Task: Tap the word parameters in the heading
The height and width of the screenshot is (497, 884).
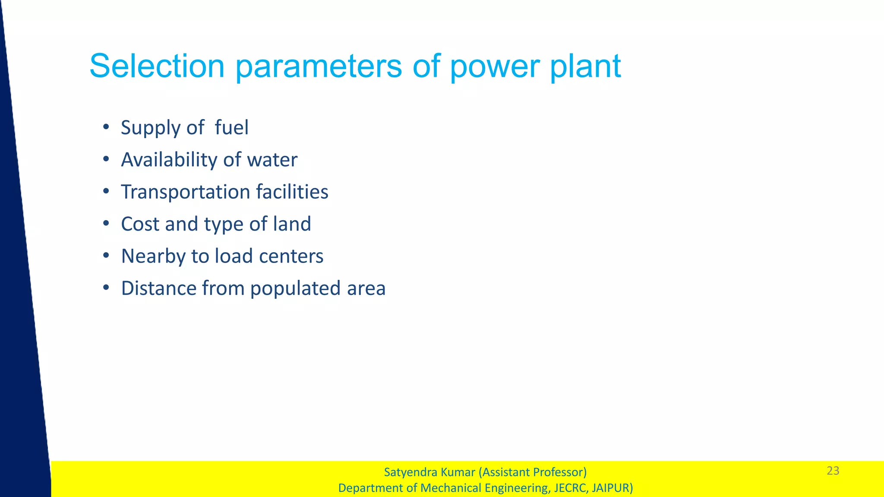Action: [319, 67]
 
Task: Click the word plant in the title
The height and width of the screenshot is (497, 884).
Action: [585, 67]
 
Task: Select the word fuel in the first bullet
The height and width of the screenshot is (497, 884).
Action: [231, 128]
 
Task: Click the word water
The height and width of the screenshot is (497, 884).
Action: [272, 160]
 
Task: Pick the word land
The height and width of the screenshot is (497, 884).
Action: [292, 224]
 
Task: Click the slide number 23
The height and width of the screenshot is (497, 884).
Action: [833, 471]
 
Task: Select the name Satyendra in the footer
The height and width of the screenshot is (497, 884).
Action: [410, 472]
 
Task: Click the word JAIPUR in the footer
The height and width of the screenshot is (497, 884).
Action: [611, 488]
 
